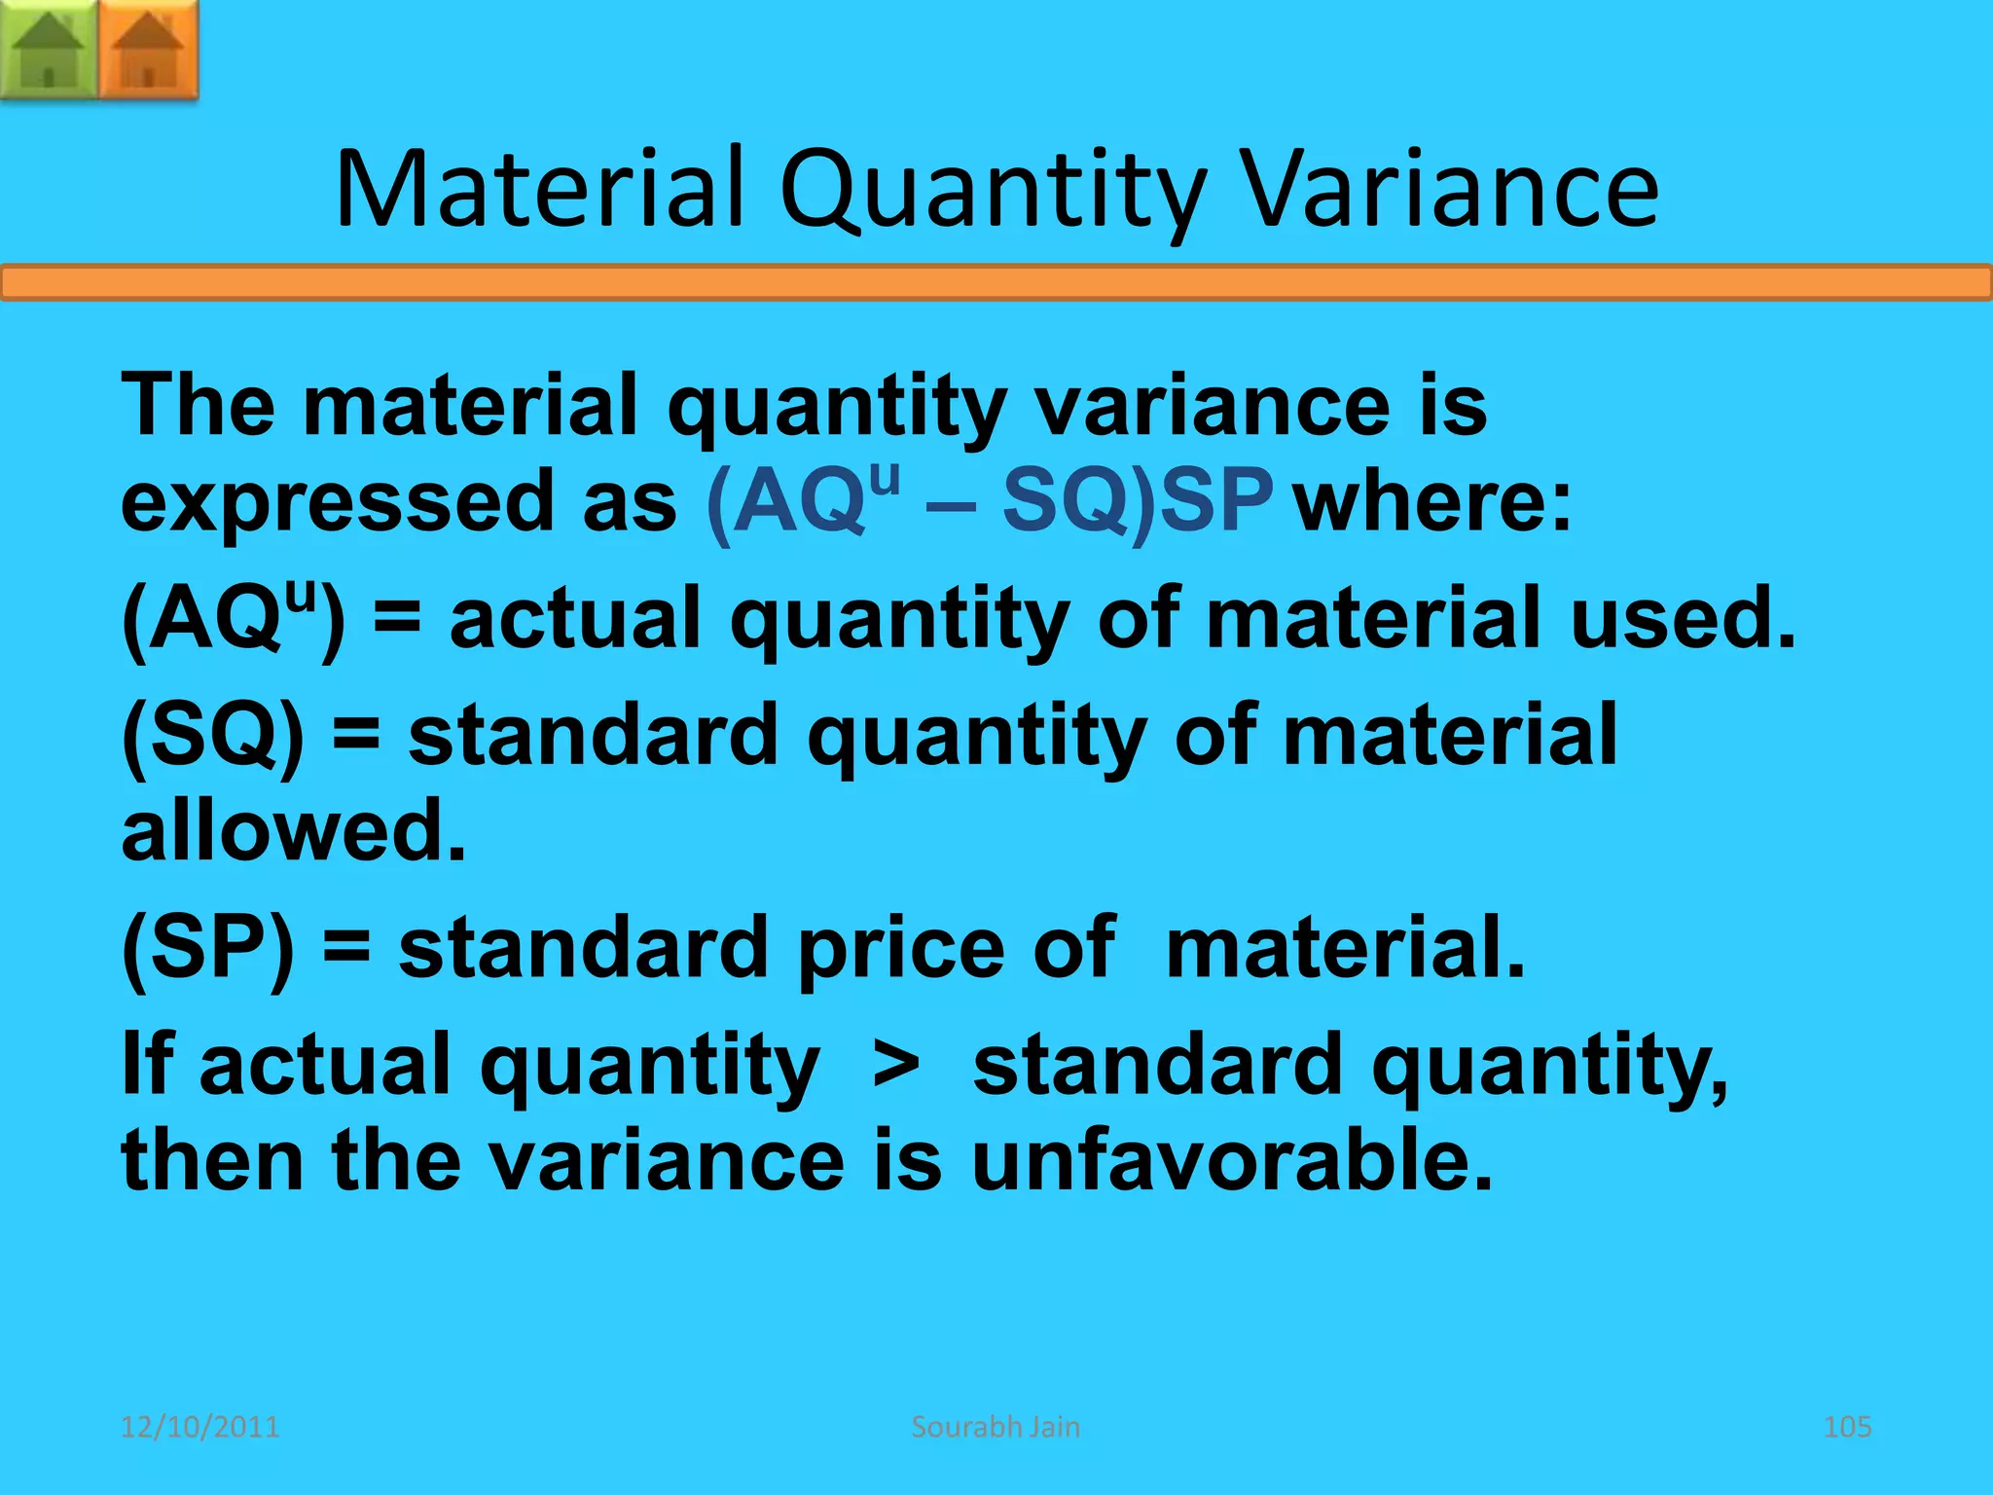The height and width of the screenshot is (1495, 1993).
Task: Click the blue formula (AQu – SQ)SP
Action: tap(989, 502)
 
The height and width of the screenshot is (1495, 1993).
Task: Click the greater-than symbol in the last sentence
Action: tap(895, 1067)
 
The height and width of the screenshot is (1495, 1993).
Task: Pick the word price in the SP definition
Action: tap(900, 949)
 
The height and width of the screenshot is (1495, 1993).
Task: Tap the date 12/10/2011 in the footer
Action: tap(199, 1427)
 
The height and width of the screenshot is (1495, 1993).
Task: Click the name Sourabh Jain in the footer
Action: tap(996, 1427)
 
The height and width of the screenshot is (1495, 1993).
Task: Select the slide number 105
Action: tap(1846, 1427)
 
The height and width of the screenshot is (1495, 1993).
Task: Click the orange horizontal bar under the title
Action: tap(996, 283)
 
